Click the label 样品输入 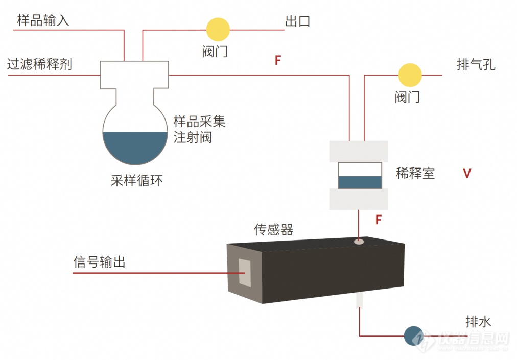[43, 20]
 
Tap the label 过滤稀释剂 [39, 64]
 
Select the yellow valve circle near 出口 [218, 30]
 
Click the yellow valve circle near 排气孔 [410, 75]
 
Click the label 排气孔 [475, 65]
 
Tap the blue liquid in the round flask [135, 147]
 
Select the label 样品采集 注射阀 [199, 129]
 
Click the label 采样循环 [136, 180]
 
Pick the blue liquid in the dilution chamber [360, 182]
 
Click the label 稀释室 [415, 173]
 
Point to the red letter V [466, 173]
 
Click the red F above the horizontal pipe [278, 60]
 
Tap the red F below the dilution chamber [379, 220]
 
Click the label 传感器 [274, 230]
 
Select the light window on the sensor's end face [245, 272]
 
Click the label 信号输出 [99, 262]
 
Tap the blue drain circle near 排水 [413, 335]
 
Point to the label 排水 [478, 322]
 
